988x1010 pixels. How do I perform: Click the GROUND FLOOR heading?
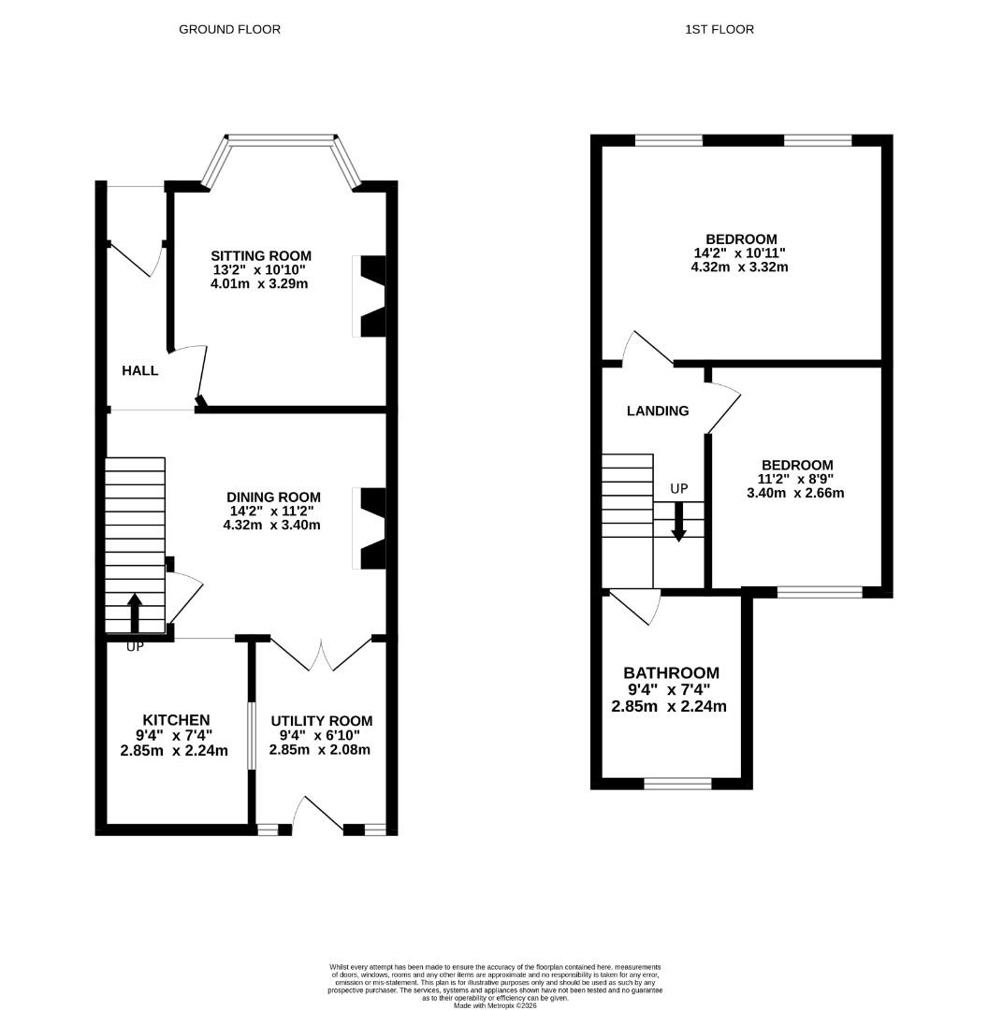(x=229, y=29)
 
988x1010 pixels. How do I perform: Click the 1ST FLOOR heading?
(x=719, y=29)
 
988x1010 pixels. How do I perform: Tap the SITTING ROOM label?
(x=260, y=255)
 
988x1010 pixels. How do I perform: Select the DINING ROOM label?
(x=273, y=497)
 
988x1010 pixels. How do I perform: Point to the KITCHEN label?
(x=175, y=719)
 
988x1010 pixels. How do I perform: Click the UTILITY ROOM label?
(x=321, y=720)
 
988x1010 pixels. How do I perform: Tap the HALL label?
(x=140, y=370)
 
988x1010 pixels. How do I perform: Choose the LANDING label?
(x=657, y=410)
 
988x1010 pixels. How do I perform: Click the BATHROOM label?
(x=671, y=672)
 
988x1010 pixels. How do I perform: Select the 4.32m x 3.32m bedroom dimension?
(x=740, y=267)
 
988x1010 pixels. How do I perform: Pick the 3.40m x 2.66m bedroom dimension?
(x=795, y=493)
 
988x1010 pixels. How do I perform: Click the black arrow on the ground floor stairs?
(x=134, y=613)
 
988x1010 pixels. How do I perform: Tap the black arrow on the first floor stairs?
(x=678, y=521)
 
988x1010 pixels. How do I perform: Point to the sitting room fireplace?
(x=369, y=296)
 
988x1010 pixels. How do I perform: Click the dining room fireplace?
(x=369, y=527)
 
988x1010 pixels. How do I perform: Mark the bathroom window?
(x=677, y=783)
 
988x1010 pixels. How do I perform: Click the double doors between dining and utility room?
(x=320, y=654)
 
